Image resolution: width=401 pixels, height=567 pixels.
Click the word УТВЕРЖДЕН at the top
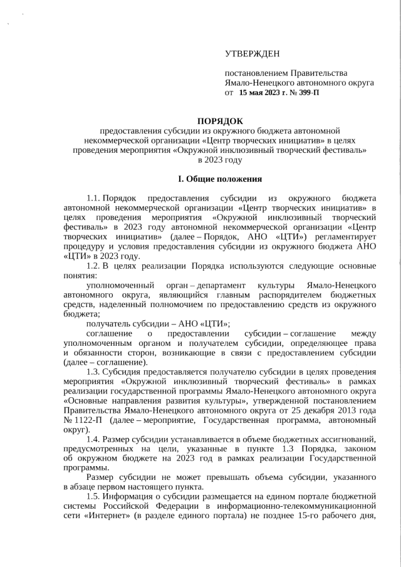(x=253, y=55)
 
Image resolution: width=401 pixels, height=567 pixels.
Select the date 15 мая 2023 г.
(x=263, y=93)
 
